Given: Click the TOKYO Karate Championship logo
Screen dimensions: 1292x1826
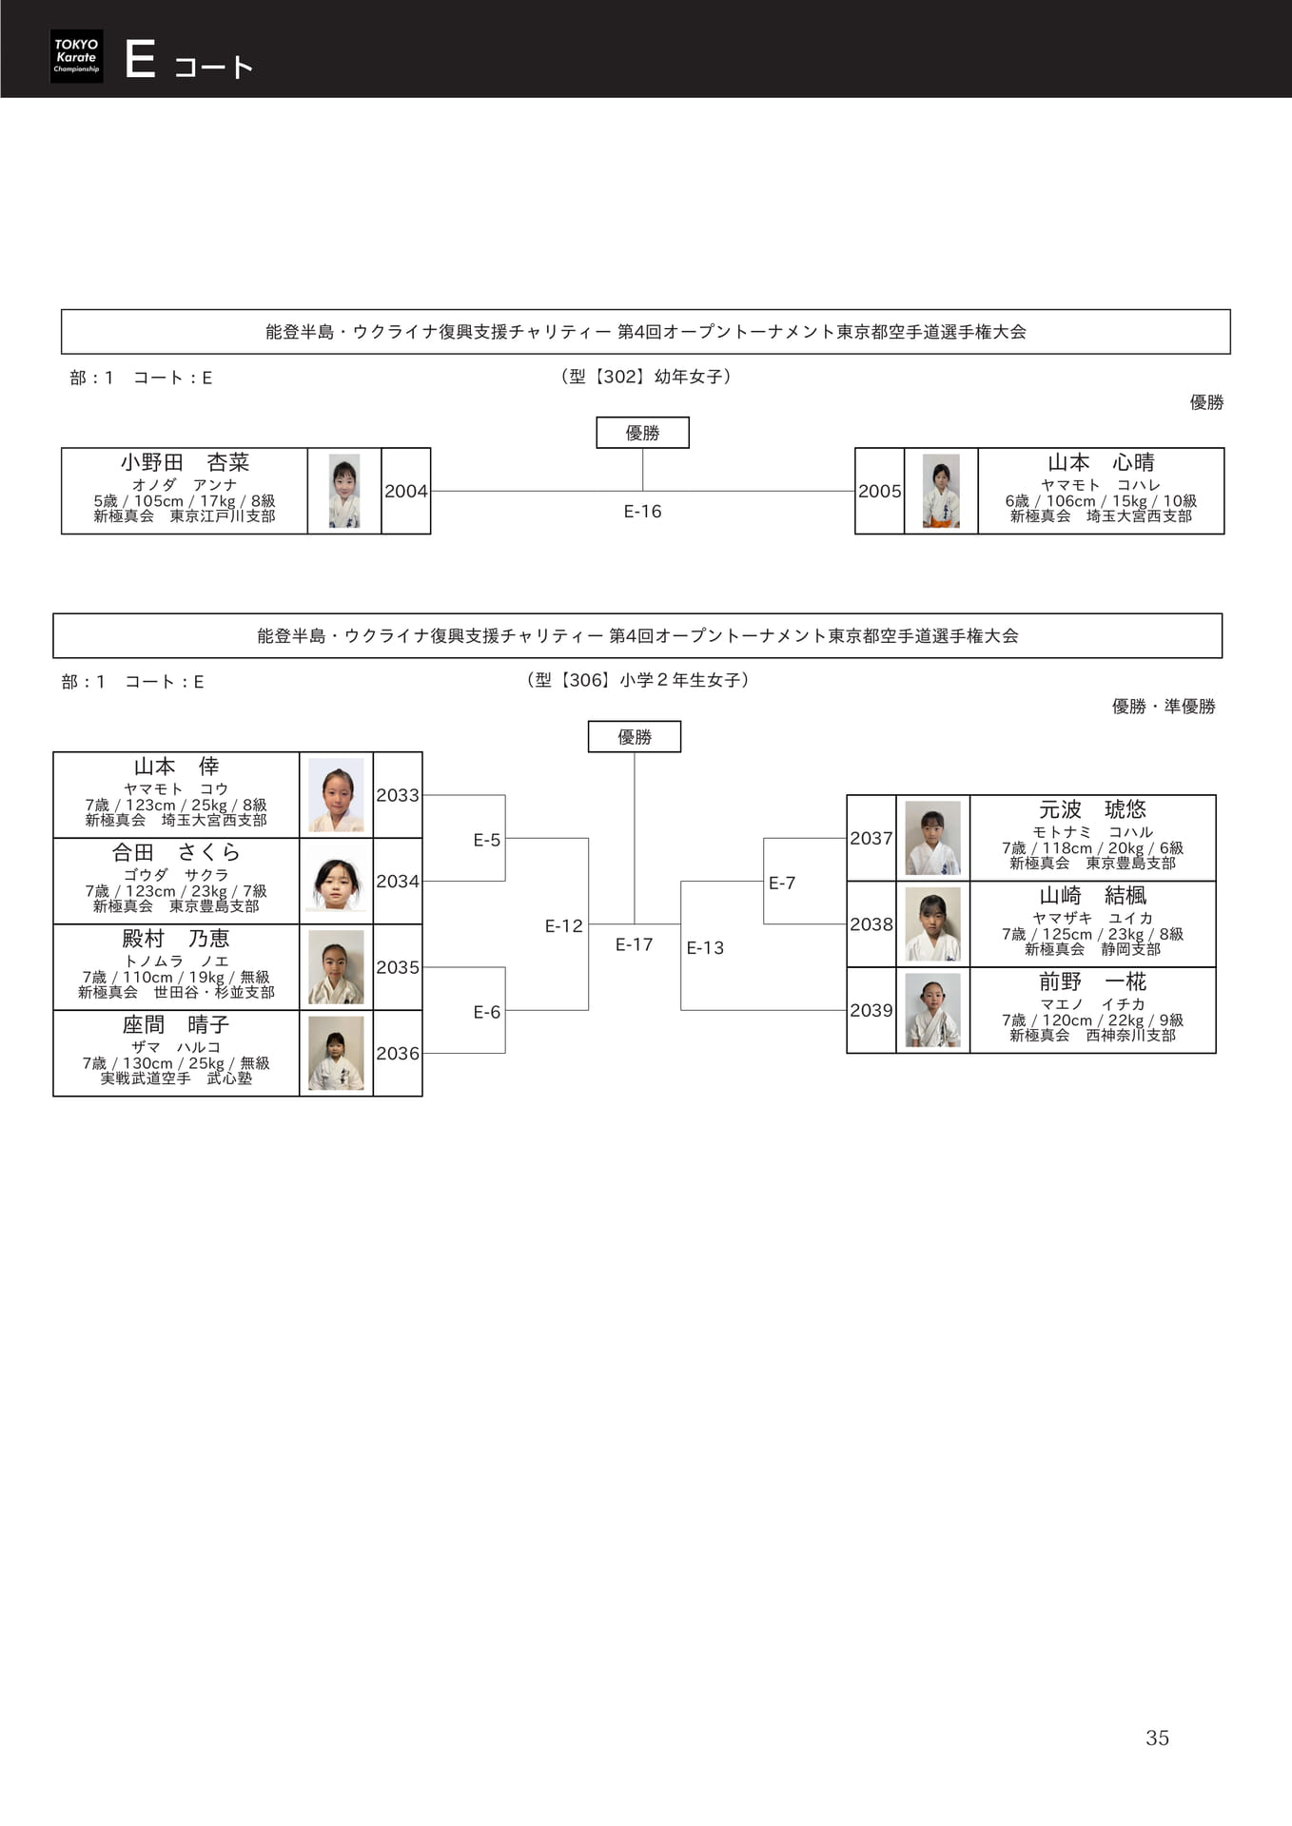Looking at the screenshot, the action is pyautogui.click(x=76, y=56).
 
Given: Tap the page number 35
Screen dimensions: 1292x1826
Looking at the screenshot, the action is pyautogui.click(x=1157, y=1738).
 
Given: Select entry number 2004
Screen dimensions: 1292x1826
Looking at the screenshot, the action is pyautogui.click(x=406, y=492).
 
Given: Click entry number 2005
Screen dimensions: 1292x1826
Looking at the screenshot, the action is pyautogui.click(x=879, y=492).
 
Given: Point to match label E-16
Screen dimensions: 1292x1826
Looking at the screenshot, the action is pyautogui.click(x=642, y=512).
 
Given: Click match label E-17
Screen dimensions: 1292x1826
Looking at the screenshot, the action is pyautogui.click(x=634, y=944).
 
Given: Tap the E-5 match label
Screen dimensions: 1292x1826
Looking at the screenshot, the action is pyautogui.click(x=486, y=840).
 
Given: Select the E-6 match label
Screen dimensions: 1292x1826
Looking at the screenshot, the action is pyautogui.click(x=486, y=1012).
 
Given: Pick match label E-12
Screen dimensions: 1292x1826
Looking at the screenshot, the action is pyautogui.click(x=563, y=925).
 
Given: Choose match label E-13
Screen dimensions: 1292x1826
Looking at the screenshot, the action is pyautogui.click(x=705, y=947).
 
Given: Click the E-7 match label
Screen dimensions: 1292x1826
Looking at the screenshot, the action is pyautogui.click(x=782, y=883).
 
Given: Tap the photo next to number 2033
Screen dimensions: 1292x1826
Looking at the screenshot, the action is pyautogui.click(x=336, y=795).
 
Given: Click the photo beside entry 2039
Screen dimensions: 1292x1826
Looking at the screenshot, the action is pyautogui.click(x=932, y=1010).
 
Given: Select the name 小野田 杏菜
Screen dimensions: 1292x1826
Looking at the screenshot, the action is pyautogui.click(x=185, y=463).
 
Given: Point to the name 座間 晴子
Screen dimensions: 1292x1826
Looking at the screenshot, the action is pyautogui.click(x=176, y=1025).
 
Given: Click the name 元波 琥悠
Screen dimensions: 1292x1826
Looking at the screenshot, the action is pyautogui.click(x=1092, y=810).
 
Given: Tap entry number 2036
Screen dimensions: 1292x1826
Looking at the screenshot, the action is pyautogui.click(x=398, y=1054).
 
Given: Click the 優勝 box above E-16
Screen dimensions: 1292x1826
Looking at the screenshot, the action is pyautogui.click(x=643, y=433).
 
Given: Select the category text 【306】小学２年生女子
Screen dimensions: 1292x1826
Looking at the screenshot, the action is pyautogui.click(x=637, y=680).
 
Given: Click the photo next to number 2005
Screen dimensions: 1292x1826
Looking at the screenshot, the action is pyautogui.click(x=941, y=491).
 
